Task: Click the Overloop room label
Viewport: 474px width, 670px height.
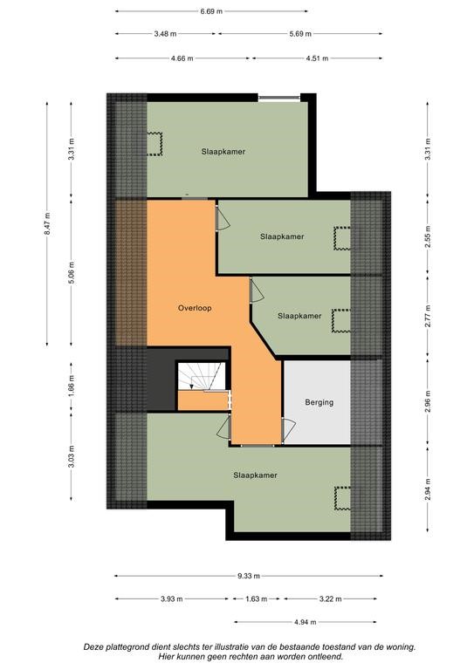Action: [x=195, y=308]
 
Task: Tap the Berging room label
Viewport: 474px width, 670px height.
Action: [x=319, y=402]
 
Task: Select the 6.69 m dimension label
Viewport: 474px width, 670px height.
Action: [x=211, y=11]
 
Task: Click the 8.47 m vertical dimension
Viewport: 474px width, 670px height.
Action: [x=47, y=224]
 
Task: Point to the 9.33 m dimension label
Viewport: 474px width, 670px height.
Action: [x=249, y=576]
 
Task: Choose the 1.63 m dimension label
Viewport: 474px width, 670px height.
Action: [x=256, y=599]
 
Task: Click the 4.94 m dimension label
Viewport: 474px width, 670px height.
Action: [x=306, y=622]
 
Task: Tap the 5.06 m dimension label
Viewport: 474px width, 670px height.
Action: [x=72, y=273]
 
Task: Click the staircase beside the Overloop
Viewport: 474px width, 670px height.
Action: [x=202, y=377]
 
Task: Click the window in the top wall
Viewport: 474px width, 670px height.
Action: [x=279, y=99]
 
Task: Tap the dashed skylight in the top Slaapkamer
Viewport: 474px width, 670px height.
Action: [x=155, y=144]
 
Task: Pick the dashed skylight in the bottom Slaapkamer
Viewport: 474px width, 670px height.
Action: [x=342, y=498]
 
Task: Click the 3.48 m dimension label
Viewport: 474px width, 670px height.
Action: [x=165, y=34]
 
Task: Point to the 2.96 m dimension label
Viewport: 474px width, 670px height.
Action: [x=428, y=401]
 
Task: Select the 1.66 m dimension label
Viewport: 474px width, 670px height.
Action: [x=72, y=384]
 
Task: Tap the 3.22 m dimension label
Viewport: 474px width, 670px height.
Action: [x=330, y=599]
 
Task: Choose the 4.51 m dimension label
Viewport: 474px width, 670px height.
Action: [x=317, y=58]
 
